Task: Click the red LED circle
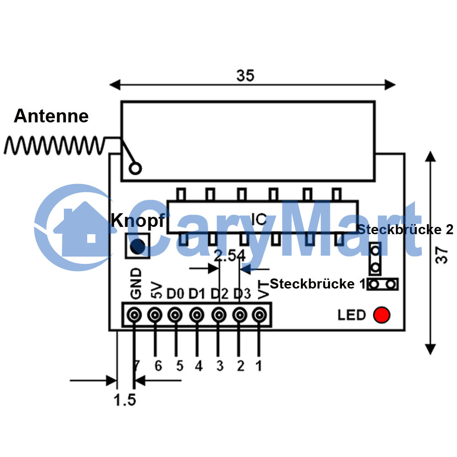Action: coord(382,315)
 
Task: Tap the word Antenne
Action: coord(51,116)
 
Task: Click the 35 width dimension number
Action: coord(245,76)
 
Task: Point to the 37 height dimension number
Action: coord(441,255)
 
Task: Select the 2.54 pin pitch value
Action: coord(230,256)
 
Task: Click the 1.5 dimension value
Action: coord(125,400)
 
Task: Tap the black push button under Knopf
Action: coord(137,246)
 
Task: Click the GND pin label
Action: coord(136,284)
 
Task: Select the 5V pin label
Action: coord(157,290)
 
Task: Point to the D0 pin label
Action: coord(175,294)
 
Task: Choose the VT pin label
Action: coord(264,290)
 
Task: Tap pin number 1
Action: coord(259,366)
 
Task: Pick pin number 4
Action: coord(199,366)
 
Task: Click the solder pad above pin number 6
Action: coord(155,315)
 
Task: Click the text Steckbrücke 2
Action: coord(405,230)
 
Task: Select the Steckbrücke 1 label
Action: coord(317,284)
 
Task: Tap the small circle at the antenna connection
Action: coord(135,168)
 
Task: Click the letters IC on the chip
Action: coord(259,219)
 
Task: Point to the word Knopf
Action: coord(138,221)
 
